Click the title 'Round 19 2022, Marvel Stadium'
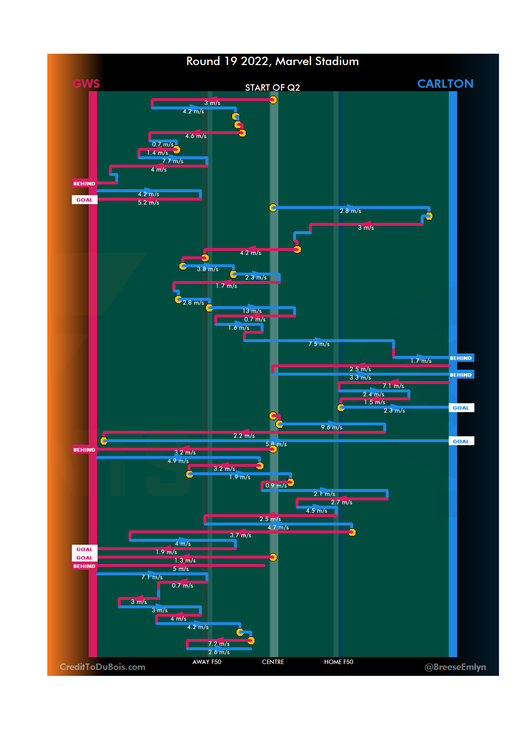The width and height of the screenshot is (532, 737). (272, 61)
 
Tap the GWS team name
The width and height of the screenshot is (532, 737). (86, 84)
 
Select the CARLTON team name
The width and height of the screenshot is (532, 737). (445, 84)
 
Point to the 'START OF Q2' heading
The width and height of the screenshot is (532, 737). (272, 87)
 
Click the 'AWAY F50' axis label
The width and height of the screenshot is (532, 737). (207, 662)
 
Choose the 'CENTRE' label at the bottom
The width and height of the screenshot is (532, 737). (273, 662)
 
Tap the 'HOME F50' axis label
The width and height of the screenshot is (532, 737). (338, 662)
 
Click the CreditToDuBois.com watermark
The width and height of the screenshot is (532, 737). (102, 667)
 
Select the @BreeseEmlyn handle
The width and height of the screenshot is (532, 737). (455, 667)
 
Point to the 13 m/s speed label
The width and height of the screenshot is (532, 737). (252, 311)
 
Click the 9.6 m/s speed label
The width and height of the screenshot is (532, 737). (332, 427)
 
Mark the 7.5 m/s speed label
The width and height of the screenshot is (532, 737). (319, 344)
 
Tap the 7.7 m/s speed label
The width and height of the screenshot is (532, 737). (172, 161)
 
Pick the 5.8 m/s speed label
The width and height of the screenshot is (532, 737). (276, 444)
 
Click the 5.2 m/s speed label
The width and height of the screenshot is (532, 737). (148, 203)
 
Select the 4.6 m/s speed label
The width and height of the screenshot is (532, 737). (196, 136)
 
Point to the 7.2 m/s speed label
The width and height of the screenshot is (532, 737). (219, 644)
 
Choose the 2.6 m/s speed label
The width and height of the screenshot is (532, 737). (219, 652)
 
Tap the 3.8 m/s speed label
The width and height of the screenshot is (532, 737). (207, 269)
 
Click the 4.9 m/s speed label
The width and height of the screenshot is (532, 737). (178, 461)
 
